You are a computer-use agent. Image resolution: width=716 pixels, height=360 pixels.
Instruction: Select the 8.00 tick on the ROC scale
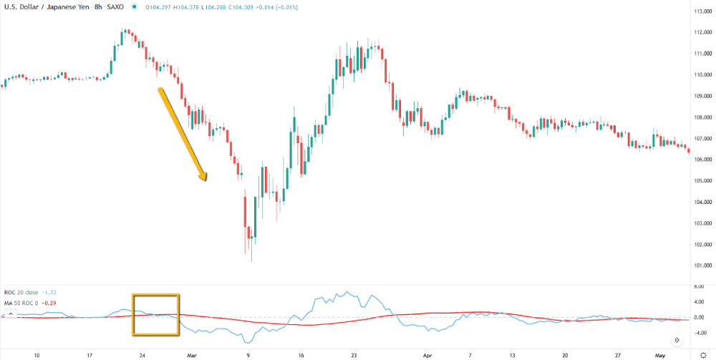697,286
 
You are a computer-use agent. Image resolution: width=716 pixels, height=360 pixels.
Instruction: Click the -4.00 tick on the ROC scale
697,332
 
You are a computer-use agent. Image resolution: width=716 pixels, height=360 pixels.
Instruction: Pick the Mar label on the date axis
191,354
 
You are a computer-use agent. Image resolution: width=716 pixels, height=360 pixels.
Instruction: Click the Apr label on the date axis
427,354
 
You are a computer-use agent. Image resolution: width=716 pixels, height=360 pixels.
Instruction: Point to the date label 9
248,354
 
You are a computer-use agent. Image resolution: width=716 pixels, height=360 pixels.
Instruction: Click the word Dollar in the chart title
26,7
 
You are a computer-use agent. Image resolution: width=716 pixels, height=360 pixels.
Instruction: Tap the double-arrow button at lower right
676,339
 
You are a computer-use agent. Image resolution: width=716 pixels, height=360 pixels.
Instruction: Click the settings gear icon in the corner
703,354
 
